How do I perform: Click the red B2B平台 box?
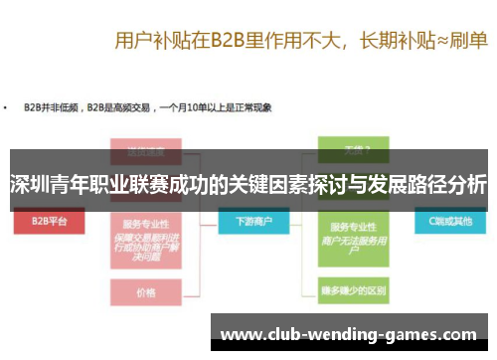click(x=49, y=222)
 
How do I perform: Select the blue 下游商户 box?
click(x=250, y=222)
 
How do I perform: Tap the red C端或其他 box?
click(x=445, y=222)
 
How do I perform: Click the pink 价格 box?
click(x=146, y=293)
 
